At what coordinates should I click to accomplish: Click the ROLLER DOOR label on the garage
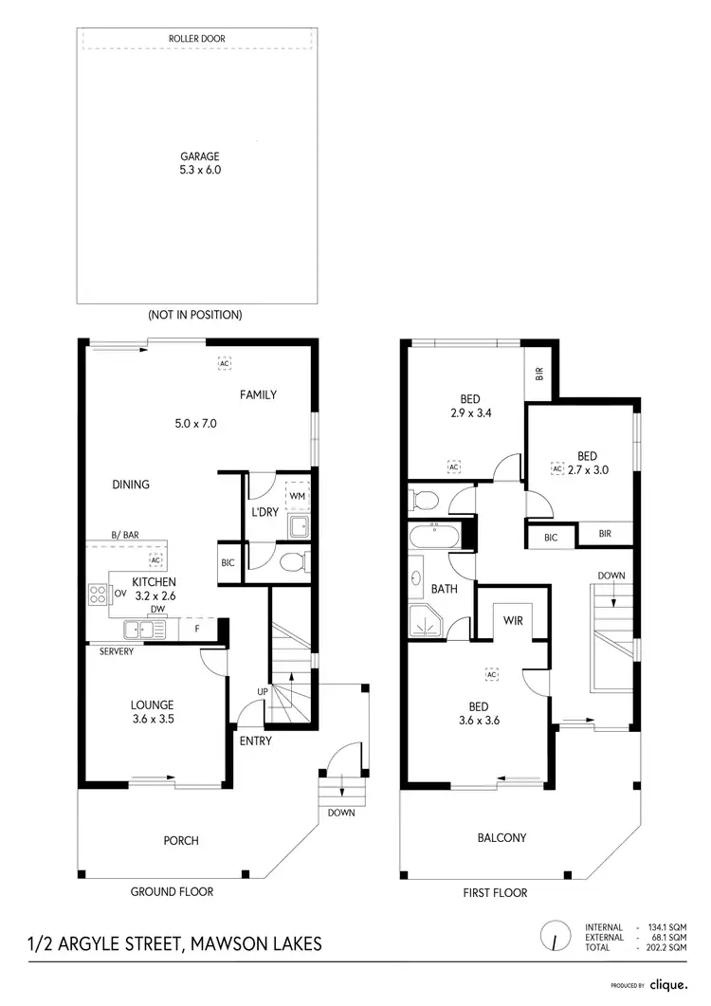(198, 39)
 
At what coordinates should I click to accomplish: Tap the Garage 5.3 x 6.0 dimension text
(200, 171)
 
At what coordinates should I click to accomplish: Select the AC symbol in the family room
(225, 363)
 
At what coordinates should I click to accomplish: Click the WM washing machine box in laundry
(298, 496)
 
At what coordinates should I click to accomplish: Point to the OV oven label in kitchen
(120, 594)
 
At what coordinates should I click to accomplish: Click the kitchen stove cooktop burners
(98, 594)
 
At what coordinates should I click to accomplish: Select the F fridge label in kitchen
(196, 628)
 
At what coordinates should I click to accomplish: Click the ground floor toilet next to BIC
(293, 562)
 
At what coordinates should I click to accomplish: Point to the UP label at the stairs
(263, 691)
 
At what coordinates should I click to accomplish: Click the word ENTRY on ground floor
(255, 741)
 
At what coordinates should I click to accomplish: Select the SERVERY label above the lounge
(113, 651)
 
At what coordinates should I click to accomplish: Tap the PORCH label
(180, 841)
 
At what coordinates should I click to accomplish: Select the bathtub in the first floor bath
(432, 539)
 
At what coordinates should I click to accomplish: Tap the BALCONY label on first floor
(502, 838)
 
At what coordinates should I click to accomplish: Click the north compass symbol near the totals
(553, 938)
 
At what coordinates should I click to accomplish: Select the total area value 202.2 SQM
(667, 947)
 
